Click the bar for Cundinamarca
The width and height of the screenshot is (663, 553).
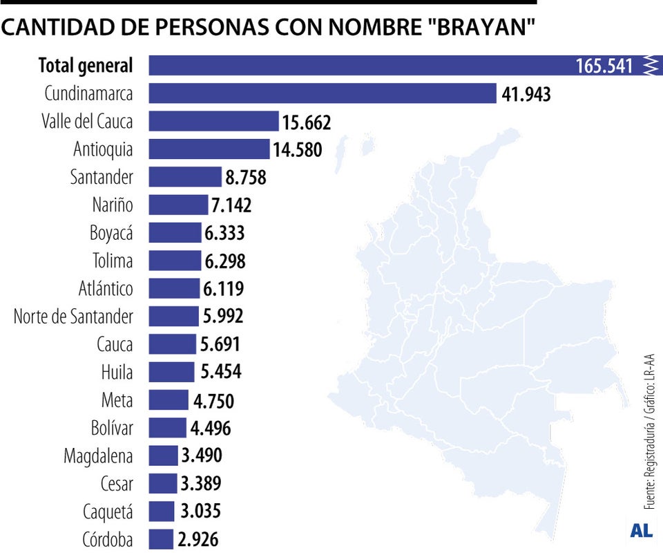point(323,93)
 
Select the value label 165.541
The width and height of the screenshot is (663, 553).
point(604,66)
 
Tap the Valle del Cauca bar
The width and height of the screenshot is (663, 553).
point(213,121)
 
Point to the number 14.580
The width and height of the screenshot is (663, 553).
point(297,149)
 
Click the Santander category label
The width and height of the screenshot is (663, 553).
point(102,177)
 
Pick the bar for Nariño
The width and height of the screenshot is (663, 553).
point(178,205)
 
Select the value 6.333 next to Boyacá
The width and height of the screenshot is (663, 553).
point(224,232)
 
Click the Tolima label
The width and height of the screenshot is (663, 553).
point(113,261)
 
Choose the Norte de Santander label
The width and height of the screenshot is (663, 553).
point(73,316)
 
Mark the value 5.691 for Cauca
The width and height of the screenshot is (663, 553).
point(220,344)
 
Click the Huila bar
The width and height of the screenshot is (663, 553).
point(171,372)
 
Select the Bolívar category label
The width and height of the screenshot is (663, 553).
point(111,428)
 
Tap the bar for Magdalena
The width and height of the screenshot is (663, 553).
point(163,456)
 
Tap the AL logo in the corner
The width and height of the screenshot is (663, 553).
point(642,531)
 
